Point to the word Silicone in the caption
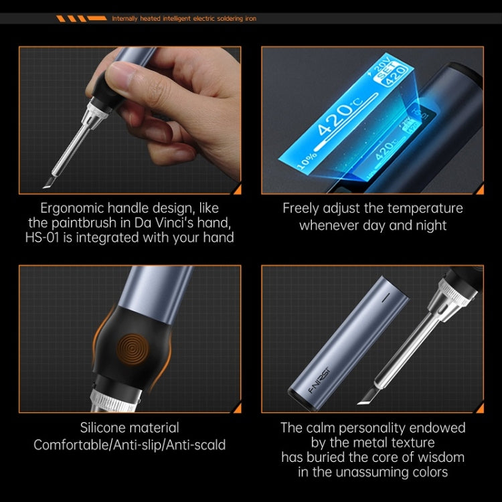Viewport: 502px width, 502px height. coord(106,428)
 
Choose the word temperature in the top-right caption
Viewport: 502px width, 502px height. coord(420,208)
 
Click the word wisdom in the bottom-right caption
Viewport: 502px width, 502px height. coord(432,458)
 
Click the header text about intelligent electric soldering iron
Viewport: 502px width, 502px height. coord(183,19)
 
